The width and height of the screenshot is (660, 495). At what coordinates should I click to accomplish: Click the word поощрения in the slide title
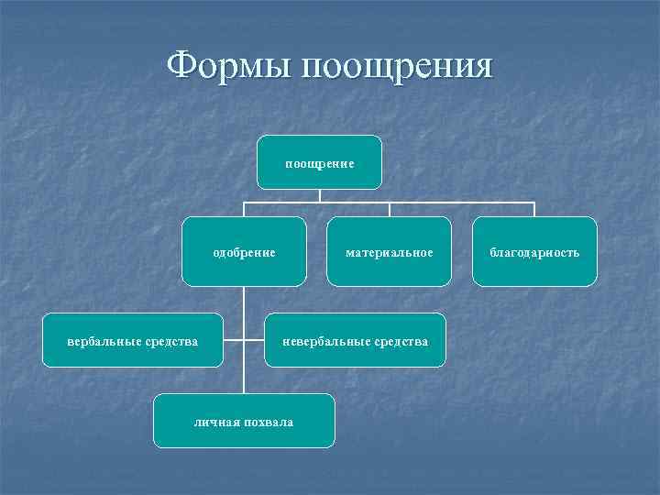(x=395, y=68)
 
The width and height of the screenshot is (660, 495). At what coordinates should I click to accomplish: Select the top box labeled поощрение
(x=319, y=162)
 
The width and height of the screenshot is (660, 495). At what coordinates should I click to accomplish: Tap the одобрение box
(x=244, y=251)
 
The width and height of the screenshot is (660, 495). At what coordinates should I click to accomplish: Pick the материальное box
(x=389, y=251)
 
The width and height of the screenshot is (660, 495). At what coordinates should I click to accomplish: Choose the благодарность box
(x=534, y=251)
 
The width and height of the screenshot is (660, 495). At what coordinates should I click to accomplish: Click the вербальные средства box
(x=133, y=341)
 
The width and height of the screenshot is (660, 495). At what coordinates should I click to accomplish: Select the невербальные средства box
(x=355, y=341)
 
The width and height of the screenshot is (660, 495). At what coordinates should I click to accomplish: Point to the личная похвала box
(x=244, y=421)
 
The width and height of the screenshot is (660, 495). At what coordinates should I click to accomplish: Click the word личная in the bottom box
(x=215, y=422)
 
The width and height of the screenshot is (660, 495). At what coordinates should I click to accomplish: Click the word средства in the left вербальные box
(x=170, y=342)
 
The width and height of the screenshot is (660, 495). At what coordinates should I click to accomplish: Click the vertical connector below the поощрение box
(x=319, y=195)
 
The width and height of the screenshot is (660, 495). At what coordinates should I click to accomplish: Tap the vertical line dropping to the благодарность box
(x=534, y=209)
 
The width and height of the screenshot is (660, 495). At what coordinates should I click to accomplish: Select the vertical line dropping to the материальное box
(x=389, y=209)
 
